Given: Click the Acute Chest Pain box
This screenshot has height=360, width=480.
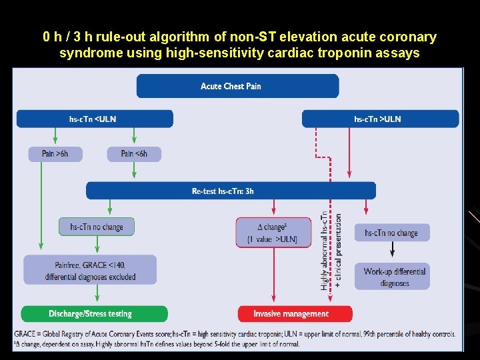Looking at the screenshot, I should click(x=237, y=86).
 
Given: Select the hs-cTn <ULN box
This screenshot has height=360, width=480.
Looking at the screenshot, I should click(x=93, y=119).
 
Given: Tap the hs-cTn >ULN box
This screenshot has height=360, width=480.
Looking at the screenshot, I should click(x=380, y=119).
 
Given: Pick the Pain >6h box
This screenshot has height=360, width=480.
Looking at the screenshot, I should click(x=55, y=154).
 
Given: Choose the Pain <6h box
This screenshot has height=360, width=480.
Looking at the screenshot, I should click(x=134, y=154).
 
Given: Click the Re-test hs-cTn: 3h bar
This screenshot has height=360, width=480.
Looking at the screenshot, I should click(x=230, y=191).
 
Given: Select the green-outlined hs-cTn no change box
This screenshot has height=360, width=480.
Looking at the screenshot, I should click(x=96, y=227).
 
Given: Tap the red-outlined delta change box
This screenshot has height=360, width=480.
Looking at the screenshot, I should click(x=273, y=232).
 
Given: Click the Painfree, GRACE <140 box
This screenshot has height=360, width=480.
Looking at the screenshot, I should click(x=90, y=269).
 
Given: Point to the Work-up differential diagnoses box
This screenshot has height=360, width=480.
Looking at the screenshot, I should click(x=392, y=277).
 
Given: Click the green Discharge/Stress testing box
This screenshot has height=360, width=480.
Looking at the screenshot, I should click(x=94, y=314).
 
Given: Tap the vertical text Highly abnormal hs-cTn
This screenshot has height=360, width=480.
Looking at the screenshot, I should click(x=325, y=250).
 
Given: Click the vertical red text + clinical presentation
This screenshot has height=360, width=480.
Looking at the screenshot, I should click(x=339, y=250).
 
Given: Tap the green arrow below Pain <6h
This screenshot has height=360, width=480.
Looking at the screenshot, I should click(x=134, y=171).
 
